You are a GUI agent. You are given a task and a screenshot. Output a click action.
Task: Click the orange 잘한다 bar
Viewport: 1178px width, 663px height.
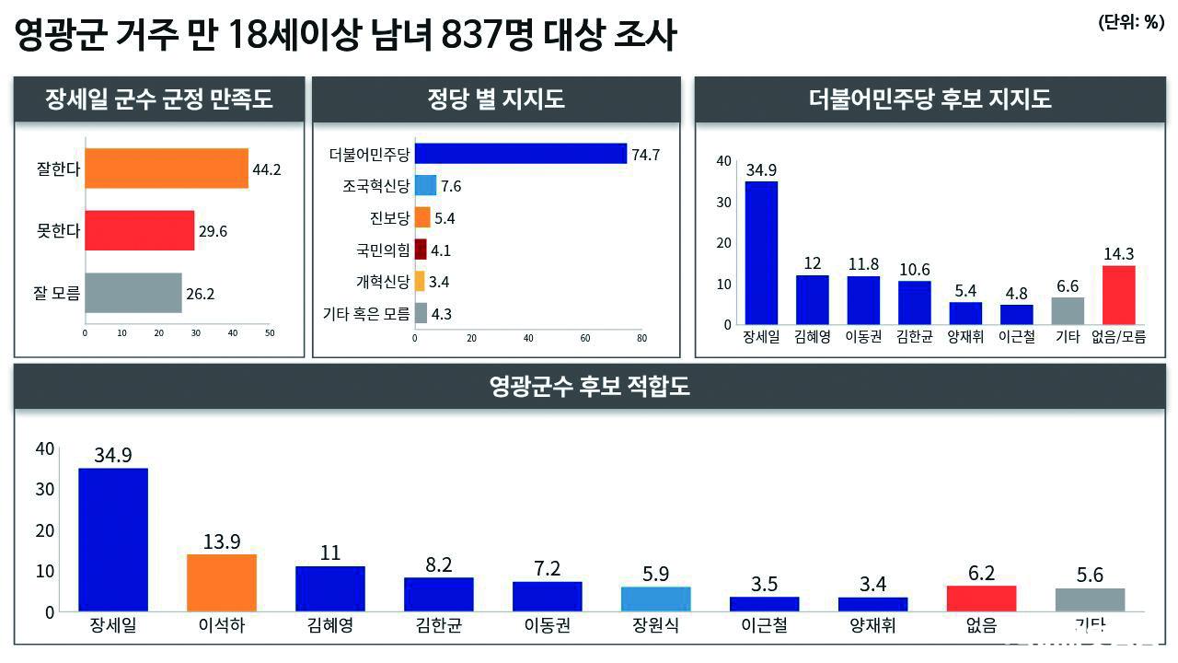[x=167, y=169]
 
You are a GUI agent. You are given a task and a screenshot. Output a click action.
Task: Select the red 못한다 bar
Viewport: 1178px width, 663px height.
[x=140, y=230]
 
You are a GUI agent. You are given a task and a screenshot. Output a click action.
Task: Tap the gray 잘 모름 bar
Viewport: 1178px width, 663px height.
[x=133, y=294]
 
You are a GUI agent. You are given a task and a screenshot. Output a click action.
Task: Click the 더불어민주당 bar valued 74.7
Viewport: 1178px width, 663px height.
[x=521, y=154]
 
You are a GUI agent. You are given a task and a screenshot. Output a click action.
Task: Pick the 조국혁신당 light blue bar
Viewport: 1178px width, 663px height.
[x=425, y=186]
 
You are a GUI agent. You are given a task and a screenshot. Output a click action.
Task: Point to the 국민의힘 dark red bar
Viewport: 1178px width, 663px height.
[x=421, y=250]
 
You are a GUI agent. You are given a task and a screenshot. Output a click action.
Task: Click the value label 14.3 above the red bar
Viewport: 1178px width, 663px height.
[x=1118, y=253]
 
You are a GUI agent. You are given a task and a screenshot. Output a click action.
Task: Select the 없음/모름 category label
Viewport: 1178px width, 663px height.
[x=1118, y=337]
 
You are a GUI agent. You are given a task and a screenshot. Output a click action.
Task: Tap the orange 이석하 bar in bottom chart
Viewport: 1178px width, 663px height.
[x=222, y=582]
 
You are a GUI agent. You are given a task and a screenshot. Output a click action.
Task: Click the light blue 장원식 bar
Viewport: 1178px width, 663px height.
[x=656, y=599]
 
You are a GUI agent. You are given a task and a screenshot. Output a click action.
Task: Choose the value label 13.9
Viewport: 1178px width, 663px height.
[x=222, y=541]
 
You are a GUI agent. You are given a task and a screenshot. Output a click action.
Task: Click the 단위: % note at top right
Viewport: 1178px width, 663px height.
[x=1131, y=24]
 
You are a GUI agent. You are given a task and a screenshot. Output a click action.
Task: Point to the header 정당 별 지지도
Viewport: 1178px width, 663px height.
[x=496, y=99]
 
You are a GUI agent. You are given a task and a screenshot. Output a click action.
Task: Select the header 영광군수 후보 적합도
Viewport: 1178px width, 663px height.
[x=590, y=387]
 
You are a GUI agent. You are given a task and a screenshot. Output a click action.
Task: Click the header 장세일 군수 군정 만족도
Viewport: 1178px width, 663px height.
[x=159, y=99]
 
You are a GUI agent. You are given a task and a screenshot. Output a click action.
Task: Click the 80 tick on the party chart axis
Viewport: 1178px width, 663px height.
[x=641, y=338]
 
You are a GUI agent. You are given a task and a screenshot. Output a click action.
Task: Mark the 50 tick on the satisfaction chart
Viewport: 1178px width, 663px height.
[x=270, y=332]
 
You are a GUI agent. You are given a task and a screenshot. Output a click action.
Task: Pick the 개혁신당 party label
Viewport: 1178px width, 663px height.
[x=383, y=282]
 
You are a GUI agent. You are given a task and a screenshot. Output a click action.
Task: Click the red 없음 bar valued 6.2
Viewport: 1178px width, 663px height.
[x=982, y=598]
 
